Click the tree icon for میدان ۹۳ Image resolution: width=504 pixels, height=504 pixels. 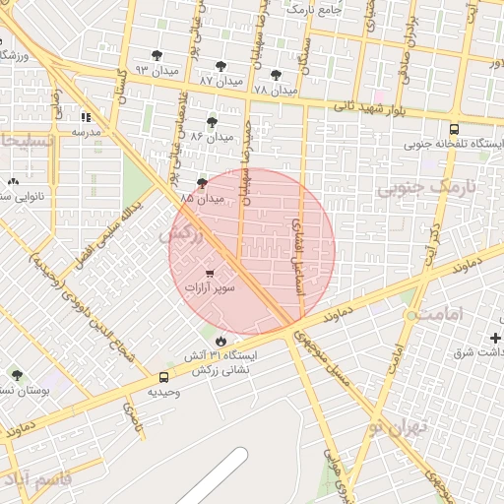click(157, 55)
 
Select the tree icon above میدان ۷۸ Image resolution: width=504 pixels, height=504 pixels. click(275, 74)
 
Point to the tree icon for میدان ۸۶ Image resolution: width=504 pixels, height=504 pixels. click(212, 122)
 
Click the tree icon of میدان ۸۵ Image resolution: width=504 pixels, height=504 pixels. click(203, 183)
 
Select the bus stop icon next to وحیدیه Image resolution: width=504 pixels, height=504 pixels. click(163, 377)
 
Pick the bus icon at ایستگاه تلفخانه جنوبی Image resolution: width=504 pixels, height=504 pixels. click(454, 129)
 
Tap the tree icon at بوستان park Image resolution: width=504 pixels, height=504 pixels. click(17, 375)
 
